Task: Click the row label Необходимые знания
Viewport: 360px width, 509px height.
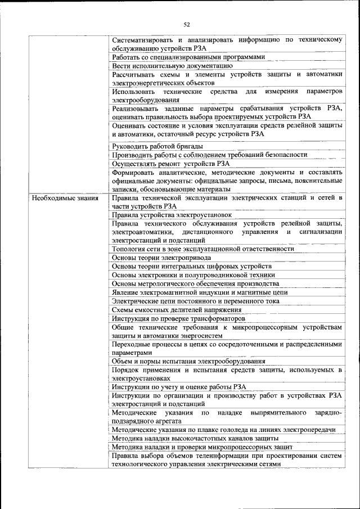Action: (65, 198)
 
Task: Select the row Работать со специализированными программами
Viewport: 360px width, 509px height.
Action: (188, 57)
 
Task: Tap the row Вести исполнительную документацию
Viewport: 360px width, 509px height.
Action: (172, 66)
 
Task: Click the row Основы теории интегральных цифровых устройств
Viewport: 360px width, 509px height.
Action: (192, 266)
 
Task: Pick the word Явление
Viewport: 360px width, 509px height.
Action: (127, 292)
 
